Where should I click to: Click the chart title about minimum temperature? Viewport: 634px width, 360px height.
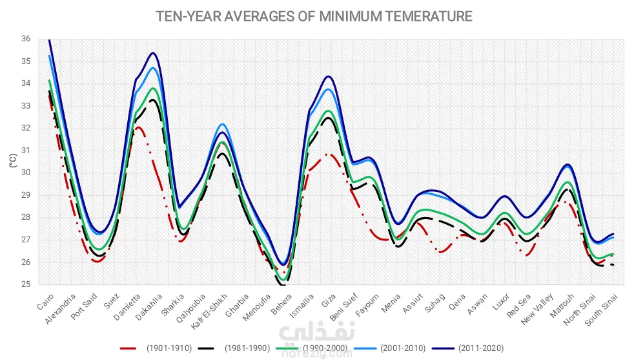point(314,16)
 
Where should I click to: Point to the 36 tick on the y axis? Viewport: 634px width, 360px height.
point(26,39)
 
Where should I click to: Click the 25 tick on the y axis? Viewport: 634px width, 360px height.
point(26,284)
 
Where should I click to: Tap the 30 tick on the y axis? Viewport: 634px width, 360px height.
point(26,173)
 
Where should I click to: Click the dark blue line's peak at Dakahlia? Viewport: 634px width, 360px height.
point(152,53)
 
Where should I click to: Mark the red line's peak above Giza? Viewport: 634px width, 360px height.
point(329,154)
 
